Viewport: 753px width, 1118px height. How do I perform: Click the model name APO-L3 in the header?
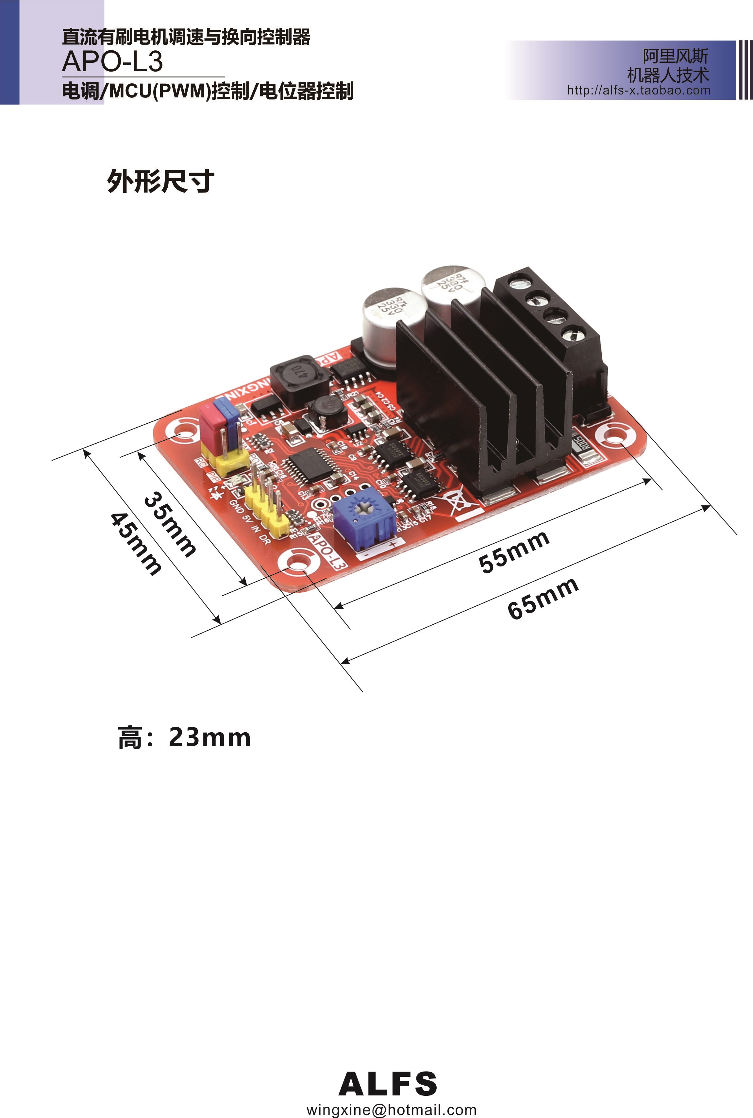(x=112, y=61)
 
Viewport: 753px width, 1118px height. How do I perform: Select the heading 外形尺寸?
(x=160, y=181)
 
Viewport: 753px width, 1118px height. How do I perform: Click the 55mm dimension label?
(x=514, y=552)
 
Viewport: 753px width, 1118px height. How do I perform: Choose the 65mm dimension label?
(x=543, y=598)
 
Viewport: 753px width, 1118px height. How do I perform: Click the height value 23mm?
(x=209, y=737)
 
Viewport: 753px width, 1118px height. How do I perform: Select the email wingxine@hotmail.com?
(x=392, y=1110)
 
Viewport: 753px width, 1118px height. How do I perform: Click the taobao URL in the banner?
(x=638, y=90)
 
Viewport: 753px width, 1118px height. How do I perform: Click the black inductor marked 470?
(x=299, y=378)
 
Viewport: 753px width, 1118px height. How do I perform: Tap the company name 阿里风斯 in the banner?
(x=675, y=56)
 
